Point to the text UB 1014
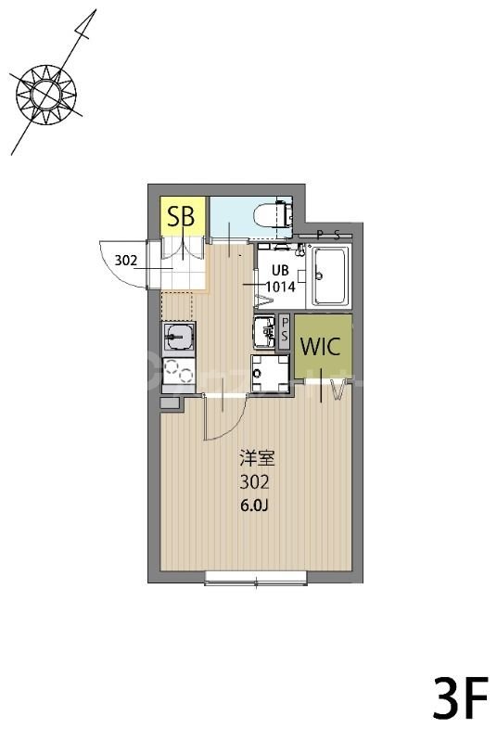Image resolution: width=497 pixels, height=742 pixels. (x=279, y=278)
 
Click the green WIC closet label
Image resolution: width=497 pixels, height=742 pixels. (x=323, y=346)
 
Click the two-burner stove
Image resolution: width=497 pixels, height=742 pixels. (x=179, y=372)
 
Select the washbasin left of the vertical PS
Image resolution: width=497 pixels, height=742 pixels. (x=264, y=329)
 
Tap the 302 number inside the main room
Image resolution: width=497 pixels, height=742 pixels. (x=254, y=482)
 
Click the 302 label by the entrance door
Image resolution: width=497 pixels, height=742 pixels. (x=126, y=261)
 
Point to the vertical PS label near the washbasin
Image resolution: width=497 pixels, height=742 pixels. (x=285, y=329)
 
